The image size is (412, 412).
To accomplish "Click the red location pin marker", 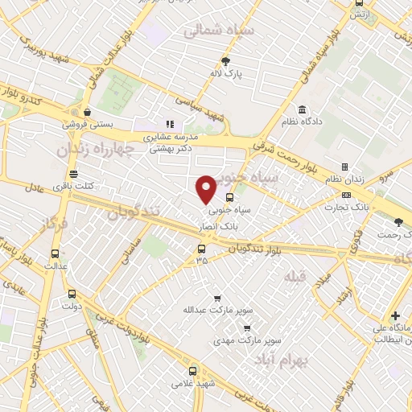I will pyautogui.click(x=206, y=188).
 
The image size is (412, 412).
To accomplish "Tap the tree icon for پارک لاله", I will pyautogui.click(x=225, y=61).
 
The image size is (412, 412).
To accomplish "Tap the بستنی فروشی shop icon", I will pyautogui.click(x=88, y=113).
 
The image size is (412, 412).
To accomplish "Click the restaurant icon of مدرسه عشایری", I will pyautogui.click(x=169, y=124).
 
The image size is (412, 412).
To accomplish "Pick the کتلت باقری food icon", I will pyautogui.click(x=74, y=174).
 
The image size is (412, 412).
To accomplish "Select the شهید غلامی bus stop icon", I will pyautogui.click(x=192, y=371).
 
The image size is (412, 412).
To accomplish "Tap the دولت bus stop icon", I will pyautogui.click(x=72, y=294).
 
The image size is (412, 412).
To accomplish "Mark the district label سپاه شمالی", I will pyautogui.click(x=219, y=32).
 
